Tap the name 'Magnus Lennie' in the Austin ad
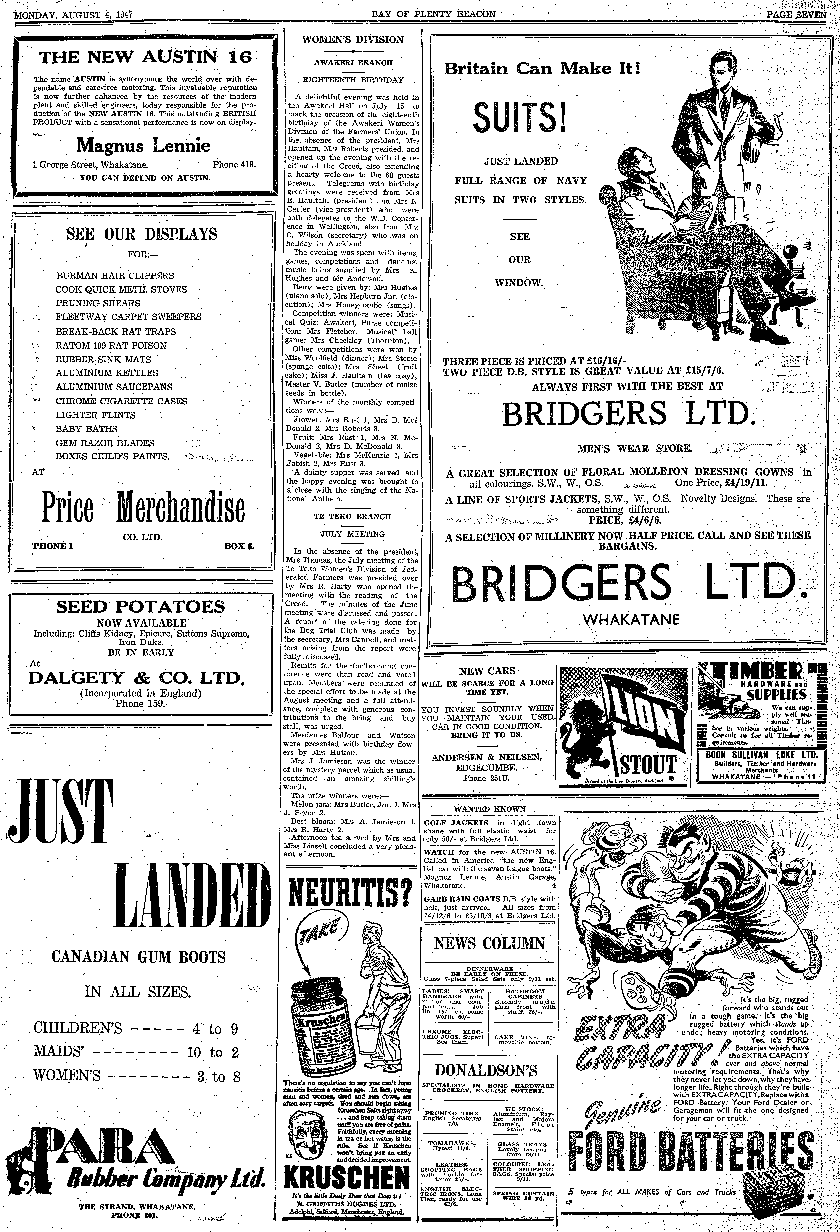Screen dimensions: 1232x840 tap(143, 145)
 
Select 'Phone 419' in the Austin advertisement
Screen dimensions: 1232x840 tap(234, 164)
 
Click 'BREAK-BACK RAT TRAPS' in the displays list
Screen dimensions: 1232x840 tap(116, 331)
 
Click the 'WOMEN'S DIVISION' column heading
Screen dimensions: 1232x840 tap(352, 40)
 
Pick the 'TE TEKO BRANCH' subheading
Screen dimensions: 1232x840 tap(352, 516)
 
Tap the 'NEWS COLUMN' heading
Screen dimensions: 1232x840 tap(489, 943)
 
